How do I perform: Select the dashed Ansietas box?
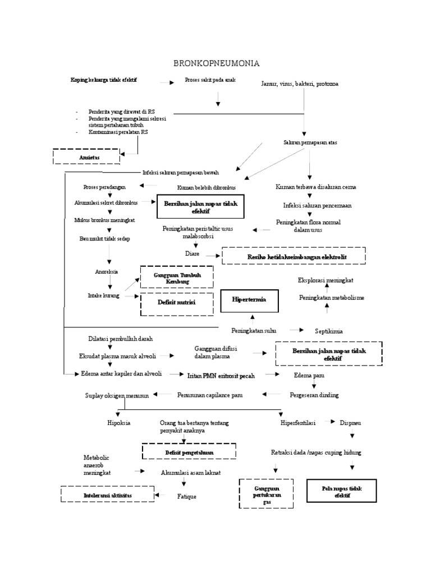point(86,157)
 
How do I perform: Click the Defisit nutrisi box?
point(177,303)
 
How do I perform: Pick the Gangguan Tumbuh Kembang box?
point(176,277)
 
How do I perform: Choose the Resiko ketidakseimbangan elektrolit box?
point(294,257)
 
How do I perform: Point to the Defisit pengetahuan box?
point(189,451)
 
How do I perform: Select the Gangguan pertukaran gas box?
point(267,493)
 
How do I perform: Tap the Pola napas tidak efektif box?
point(341,492)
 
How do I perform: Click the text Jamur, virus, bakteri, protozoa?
point(300,84)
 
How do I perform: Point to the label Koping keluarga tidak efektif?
point(104,81)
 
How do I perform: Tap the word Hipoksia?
point(118,423)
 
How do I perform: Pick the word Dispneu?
point(351,423)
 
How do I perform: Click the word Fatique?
point(187,496)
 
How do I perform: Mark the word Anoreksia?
point(107,272)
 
